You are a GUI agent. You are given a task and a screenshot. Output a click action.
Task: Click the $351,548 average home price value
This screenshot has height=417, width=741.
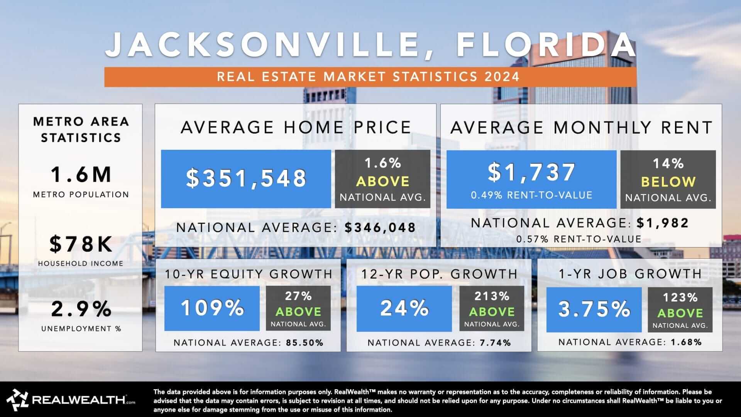pyautogui.click(x=246, y=178)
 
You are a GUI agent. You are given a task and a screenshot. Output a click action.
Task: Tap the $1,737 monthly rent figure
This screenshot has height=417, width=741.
pyautogui.click(x=531, y=172)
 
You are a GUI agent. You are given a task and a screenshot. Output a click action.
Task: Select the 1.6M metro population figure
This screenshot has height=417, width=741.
pyautogui.click(x=81, y=174)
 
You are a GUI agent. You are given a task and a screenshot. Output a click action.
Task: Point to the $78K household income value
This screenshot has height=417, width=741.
pyautogui.click(x=81, y=244)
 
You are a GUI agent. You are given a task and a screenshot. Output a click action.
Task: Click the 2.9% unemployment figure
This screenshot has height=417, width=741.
pyautogui.click(x=81, y=309)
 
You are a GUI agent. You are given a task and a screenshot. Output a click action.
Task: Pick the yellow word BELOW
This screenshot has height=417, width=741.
pyautogui.click(x=668, y=182)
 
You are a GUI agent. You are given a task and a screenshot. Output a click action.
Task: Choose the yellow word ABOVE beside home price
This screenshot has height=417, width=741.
pyautogui.click(x=382, y=181)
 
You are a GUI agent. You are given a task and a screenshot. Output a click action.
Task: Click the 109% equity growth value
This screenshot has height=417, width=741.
pyautogui.click(x=212, y=308)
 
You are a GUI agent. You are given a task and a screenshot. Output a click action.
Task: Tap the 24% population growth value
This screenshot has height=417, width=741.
pyautogui.click(x=404, y=308)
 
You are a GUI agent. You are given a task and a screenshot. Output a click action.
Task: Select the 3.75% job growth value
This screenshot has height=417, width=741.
pyautogui.click(x=594, y=309)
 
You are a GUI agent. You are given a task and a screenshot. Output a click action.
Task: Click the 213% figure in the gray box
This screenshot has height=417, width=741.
pyautogui.click(x=492, y=296)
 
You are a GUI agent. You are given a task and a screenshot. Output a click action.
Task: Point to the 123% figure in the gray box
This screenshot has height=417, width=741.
pyautogui.click(x=680, y=297)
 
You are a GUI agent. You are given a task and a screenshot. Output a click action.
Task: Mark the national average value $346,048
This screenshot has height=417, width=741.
pyautogui.click(x=380, y=227)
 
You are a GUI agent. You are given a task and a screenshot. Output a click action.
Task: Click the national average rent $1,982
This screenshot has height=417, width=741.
pyautogui.click(x=663, y=223)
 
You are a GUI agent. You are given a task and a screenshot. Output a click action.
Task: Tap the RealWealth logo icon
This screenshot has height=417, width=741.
pyautogui.click(x=17, y=400)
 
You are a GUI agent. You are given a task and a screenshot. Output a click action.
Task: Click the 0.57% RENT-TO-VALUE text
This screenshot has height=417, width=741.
pyautogui.click(x=579, y=239)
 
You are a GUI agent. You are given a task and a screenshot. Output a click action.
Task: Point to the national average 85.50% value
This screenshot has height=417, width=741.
pyautogui.click(x=305, y=342)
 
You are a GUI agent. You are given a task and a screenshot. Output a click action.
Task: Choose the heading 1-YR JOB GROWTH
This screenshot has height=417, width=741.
pyautogui.click(x=630, y=274)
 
